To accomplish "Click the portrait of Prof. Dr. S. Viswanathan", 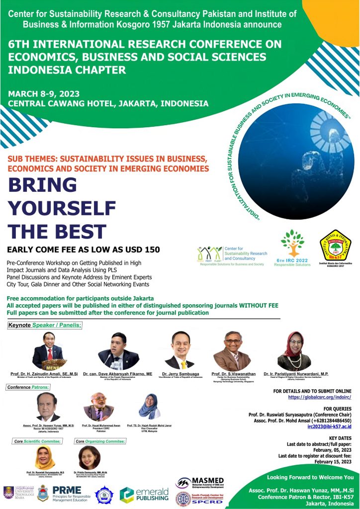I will (232, 351).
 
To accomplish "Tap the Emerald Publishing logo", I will (145, 495).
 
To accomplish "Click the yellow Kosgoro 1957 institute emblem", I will (335, 246).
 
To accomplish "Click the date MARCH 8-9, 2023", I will (44, 93).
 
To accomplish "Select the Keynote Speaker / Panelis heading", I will (45, 325).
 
